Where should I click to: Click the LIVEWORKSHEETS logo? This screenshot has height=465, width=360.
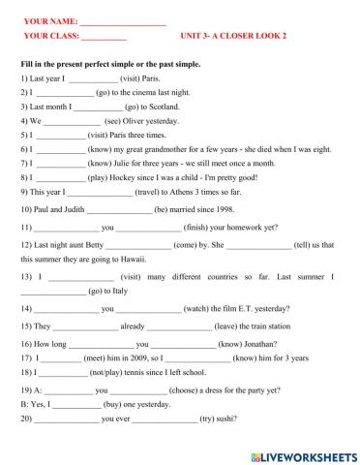tap(302, 454)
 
